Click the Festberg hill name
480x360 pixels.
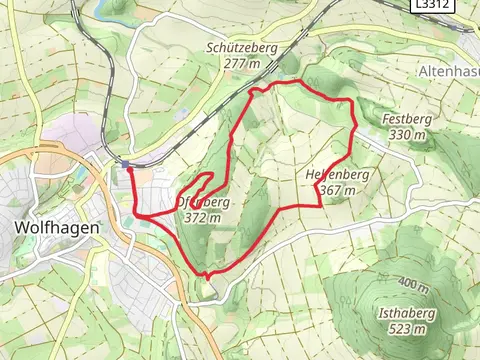(x=405, y=119)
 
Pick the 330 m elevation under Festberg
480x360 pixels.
(x=405, y=134)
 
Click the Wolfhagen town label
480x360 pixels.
(x=56, y=227)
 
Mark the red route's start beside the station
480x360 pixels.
(x=129, y=169)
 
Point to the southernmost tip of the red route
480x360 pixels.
(x=206, y=275)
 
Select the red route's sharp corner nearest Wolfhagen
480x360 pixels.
(x=137, y=216)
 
